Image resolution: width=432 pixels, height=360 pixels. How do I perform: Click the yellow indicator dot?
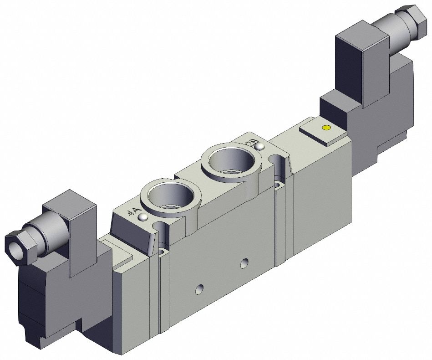click(x=325, y=128)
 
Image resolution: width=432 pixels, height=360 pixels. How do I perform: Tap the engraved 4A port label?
click(x=133, y=212)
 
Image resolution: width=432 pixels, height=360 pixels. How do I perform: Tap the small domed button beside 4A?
click(x=143, y=218)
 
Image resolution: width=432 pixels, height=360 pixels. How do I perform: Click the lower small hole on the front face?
click(x=199, y=289)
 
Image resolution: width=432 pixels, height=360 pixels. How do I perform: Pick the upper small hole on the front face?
click(x=245, y=262)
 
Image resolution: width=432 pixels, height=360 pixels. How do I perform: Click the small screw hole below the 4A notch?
click(x=163, y=251)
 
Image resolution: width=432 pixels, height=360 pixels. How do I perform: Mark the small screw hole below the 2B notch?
click(x=278, y=185)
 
